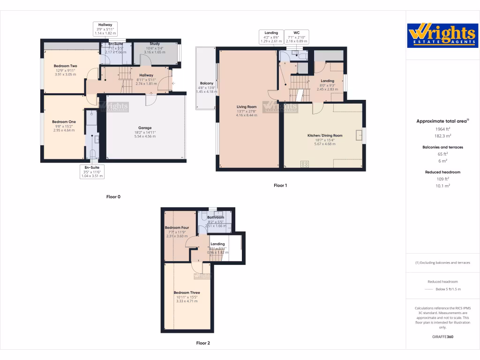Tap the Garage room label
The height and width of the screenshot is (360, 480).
click(144, 127)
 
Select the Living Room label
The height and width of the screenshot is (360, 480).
click(246, 107)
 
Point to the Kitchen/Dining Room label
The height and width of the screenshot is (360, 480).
click(325, 135)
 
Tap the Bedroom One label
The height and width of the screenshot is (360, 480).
click(64, 122)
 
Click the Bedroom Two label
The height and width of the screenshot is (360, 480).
click(65, 66)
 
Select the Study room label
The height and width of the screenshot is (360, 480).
click(155, 44)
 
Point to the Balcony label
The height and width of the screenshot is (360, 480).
click(206, 83)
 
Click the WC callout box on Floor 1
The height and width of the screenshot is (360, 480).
click(296, 37)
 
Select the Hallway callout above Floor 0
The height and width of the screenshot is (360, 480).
click(105, 29)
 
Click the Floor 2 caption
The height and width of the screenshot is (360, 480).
click(203, 343)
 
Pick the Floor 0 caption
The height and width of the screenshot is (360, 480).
click(113, 197)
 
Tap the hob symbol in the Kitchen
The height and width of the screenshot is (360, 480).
click(305, 164)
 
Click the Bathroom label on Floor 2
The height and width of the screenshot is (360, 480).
click(216, 217)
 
